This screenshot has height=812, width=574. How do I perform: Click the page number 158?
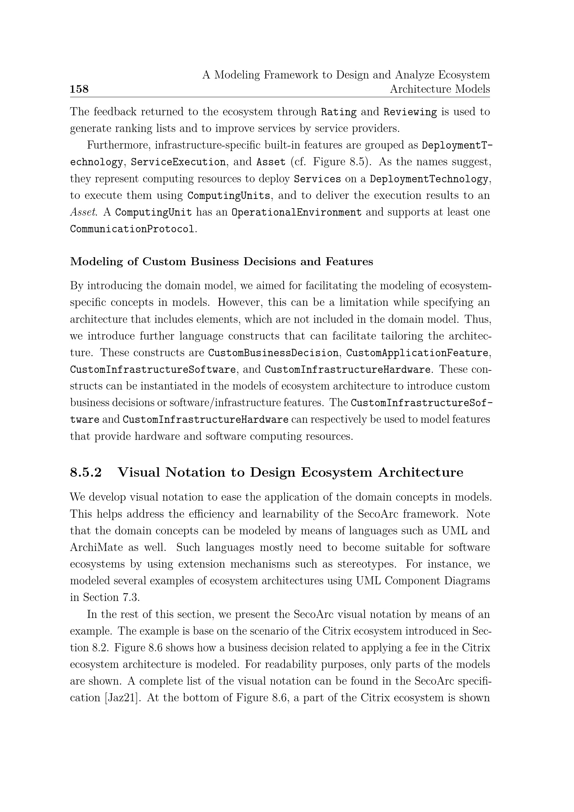click(79, 89)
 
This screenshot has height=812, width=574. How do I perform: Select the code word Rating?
click(339, 112)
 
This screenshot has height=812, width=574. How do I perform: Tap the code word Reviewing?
click(410, 112)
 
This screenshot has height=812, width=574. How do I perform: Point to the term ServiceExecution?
click(178, 162)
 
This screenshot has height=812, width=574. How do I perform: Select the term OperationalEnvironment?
click(296, 212)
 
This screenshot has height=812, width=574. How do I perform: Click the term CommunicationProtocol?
click(132, 229)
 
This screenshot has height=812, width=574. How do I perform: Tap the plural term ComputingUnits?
click(229, 195)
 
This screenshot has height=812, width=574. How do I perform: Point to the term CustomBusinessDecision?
click(273, 353)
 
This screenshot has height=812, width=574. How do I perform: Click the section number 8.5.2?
click(86, 472)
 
